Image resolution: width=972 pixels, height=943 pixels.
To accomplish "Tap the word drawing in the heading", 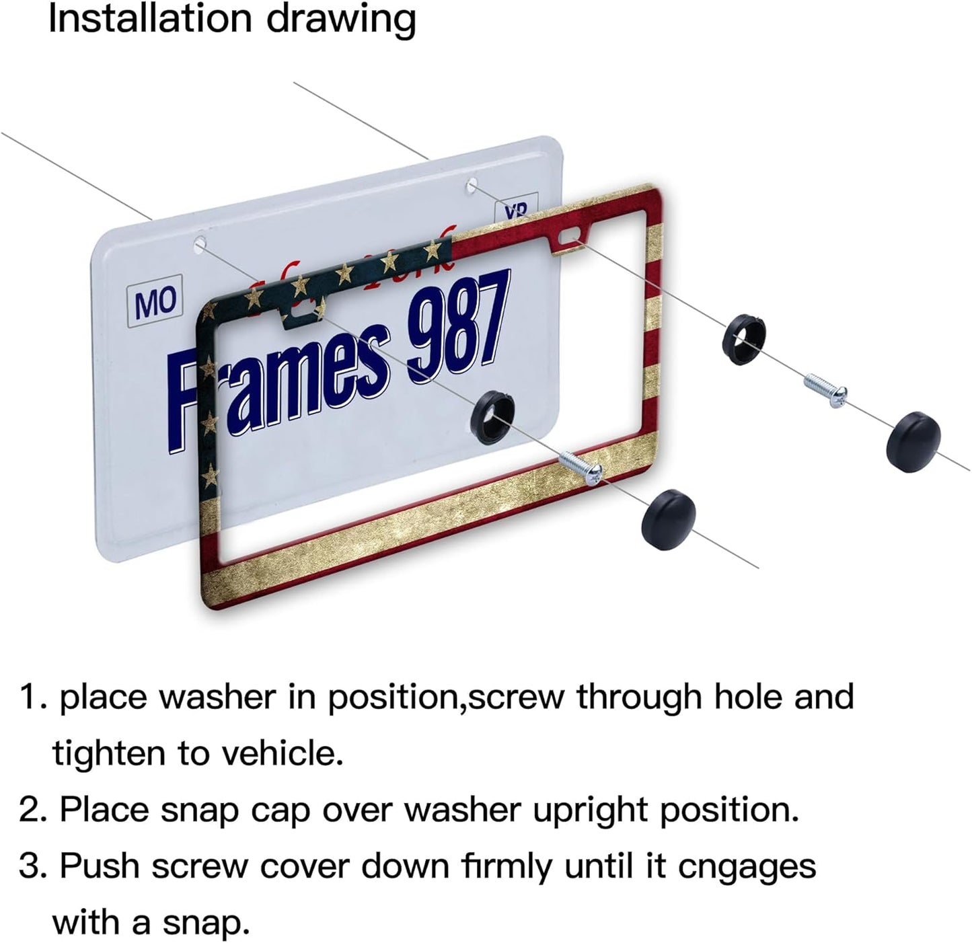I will point(341,20).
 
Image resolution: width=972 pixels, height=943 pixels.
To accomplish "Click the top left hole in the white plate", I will point(200,243).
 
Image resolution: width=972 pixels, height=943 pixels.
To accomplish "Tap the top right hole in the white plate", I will point(472,184).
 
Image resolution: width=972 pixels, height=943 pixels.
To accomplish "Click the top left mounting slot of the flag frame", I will point(306,307).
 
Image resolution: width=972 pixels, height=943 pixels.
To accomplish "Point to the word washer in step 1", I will point(217,697).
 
